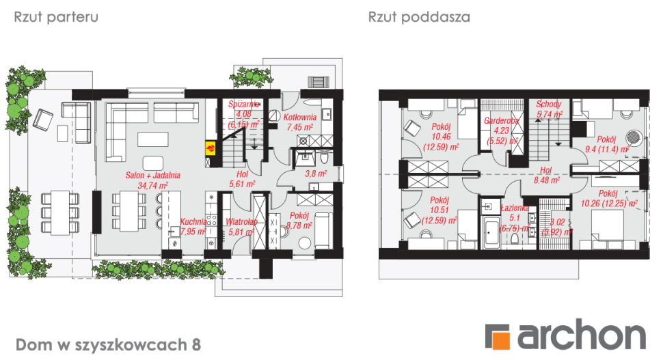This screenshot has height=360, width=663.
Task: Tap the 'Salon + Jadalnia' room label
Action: click(x=153, y=176)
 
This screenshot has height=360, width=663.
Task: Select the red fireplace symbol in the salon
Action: click(x=211, y=147)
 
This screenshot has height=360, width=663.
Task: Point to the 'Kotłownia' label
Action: click(x=300, y=117)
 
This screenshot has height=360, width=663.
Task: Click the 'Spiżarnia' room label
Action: click(x=243, y=104)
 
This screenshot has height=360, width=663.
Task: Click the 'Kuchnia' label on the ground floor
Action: click(x=193, y=221)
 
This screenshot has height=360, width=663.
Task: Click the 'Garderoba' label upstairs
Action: click(x=501, y=120)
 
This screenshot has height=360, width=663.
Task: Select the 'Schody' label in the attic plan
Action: click(x=549, y=105)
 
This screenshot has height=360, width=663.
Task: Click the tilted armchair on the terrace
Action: click(x=44, y=121)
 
